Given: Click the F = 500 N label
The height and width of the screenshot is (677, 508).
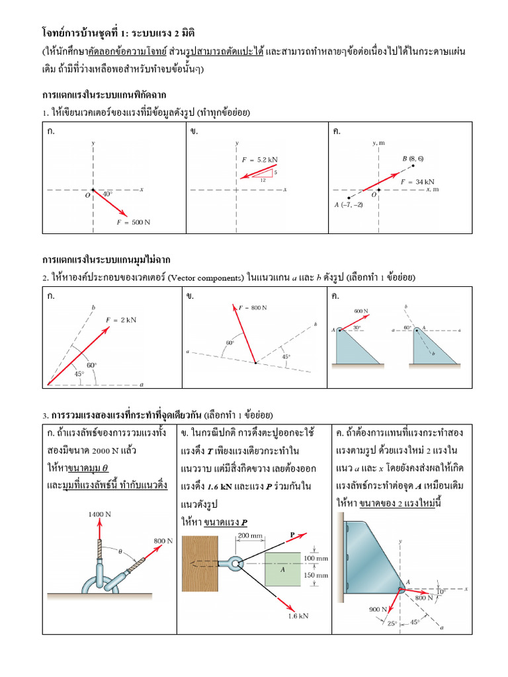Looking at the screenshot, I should (x=134, y=222).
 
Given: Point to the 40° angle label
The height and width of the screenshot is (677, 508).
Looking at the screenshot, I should (x=107, y=194).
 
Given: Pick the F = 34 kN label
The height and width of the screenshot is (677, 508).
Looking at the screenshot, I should (x=417, y=181).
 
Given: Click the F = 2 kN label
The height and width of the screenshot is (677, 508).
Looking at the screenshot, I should (x=121, y=320).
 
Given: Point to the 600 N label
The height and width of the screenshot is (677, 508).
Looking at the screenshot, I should (x=361, y=310).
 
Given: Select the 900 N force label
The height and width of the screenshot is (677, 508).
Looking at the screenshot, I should (x=378, y=610).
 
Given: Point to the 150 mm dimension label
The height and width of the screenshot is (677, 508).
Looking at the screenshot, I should (x=315, y=575).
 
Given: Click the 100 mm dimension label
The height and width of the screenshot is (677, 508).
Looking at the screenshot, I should (x=315, y=559).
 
